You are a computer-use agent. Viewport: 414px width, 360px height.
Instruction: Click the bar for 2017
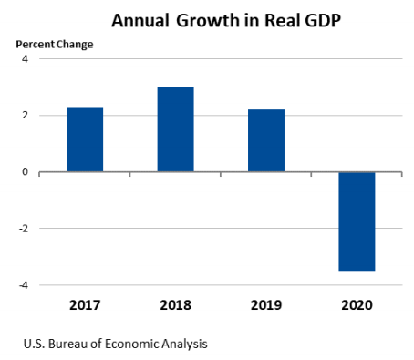(85, 139)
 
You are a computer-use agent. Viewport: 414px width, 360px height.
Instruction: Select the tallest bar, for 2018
(175, 129)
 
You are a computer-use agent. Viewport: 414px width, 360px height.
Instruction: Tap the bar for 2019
(266, 140)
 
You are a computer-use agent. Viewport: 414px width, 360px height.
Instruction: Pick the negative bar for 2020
(357, 221)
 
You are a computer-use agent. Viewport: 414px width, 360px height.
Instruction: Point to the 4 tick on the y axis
(26, 59)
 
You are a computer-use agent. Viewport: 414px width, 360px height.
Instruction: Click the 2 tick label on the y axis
(26, 116)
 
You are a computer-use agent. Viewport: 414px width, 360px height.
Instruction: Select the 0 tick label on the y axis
(26, 172)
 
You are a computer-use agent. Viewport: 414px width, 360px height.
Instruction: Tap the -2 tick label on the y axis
(24, 229)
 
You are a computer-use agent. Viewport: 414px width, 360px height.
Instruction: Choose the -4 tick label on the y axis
(24, 285)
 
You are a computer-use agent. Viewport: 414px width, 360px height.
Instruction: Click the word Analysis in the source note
(182, 345)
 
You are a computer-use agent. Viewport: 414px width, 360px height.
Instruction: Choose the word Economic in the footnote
(128, 345)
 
